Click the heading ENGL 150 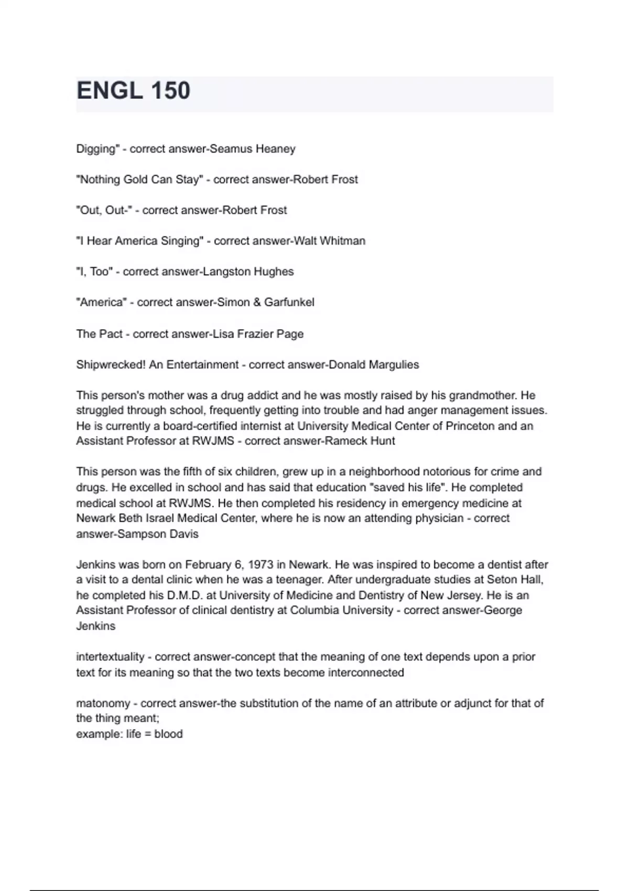[133, 91]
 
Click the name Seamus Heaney [253, 149]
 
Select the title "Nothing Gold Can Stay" [139, 179]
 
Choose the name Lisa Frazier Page [258, 334]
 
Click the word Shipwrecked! [111, 365]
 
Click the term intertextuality [110, 657]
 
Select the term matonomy [103, 703]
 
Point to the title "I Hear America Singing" [139, 241]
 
